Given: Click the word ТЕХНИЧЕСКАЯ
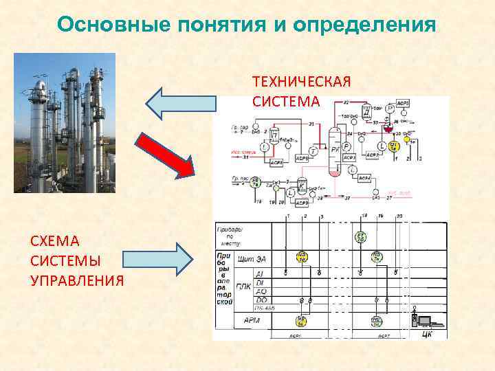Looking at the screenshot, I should point(302,82).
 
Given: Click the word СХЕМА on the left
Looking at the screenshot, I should point(55,241).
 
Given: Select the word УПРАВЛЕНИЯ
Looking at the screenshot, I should point(78,280).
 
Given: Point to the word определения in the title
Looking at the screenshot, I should point(364,25).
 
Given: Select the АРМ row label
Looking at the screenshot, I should point(252,320).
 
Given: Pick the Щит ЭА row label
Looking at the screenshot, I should point(251,258).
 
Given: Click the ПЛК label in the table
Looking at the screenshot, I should point(243,287).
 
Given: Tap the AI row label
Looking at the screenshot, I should point(260,273).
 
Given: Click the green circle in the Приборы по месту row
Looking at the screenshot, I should point(360,237).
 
